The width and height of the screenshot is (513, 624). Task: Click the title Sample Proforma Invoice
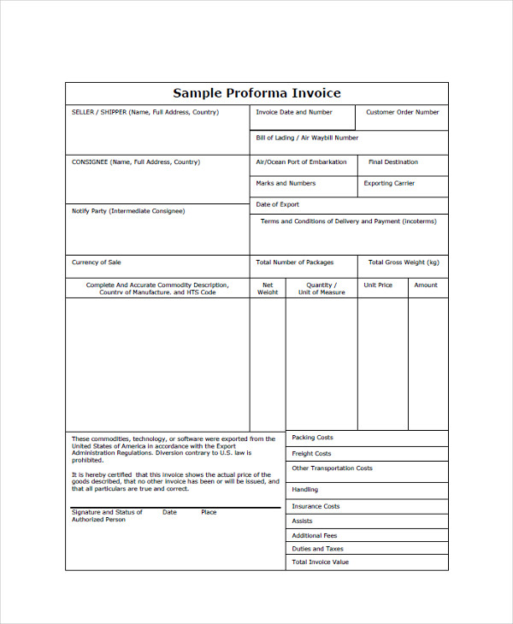coord(256,93)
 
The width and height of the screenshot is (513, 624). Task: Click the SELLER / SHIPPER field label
coord(144,112)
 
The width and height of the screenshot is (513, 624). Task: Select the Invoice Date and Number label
coord(294,112)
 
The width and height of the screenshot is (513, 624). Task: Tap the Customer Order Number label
coord(402,112)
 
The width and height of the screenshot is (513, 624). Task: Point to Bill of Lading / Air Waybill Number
coord(307,138)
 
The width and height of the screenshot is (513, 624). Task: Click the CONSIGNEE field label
coord(135,162)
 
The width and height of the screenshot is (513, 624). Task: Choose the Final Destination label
coord(393,162)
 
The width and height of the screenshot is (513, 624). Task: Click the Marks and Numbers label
coord(286,183)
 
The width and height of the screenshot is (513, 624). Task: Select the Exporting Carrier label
coord(390,183)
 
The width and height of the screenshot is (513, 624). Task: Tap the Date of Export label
coord(278,204)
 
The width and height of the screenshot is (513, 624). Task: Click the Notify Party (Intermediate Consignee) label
coord(128,210)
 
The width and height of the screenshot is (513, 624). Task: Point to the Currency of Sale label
coord(97,262)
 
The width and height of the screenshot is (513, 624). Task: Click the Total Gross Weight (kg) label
coord(404,262)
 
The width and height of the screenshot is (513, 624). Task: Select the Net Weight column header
coord(268,289)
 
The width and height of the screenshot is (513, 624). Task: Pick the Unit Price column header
coord(378,285)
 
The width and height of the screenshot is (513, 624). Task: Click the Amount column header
coord(426,285)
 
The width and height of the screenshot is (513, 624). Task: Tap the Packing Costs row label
coord(312,438)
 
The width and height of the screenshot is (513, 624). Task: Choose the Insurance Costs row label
coord(315,506)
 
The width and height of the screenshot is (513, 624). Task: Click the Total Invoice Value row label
coord(321,562)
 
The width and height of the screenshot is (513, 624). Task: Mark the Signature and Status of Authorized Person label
coord(107,515)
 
